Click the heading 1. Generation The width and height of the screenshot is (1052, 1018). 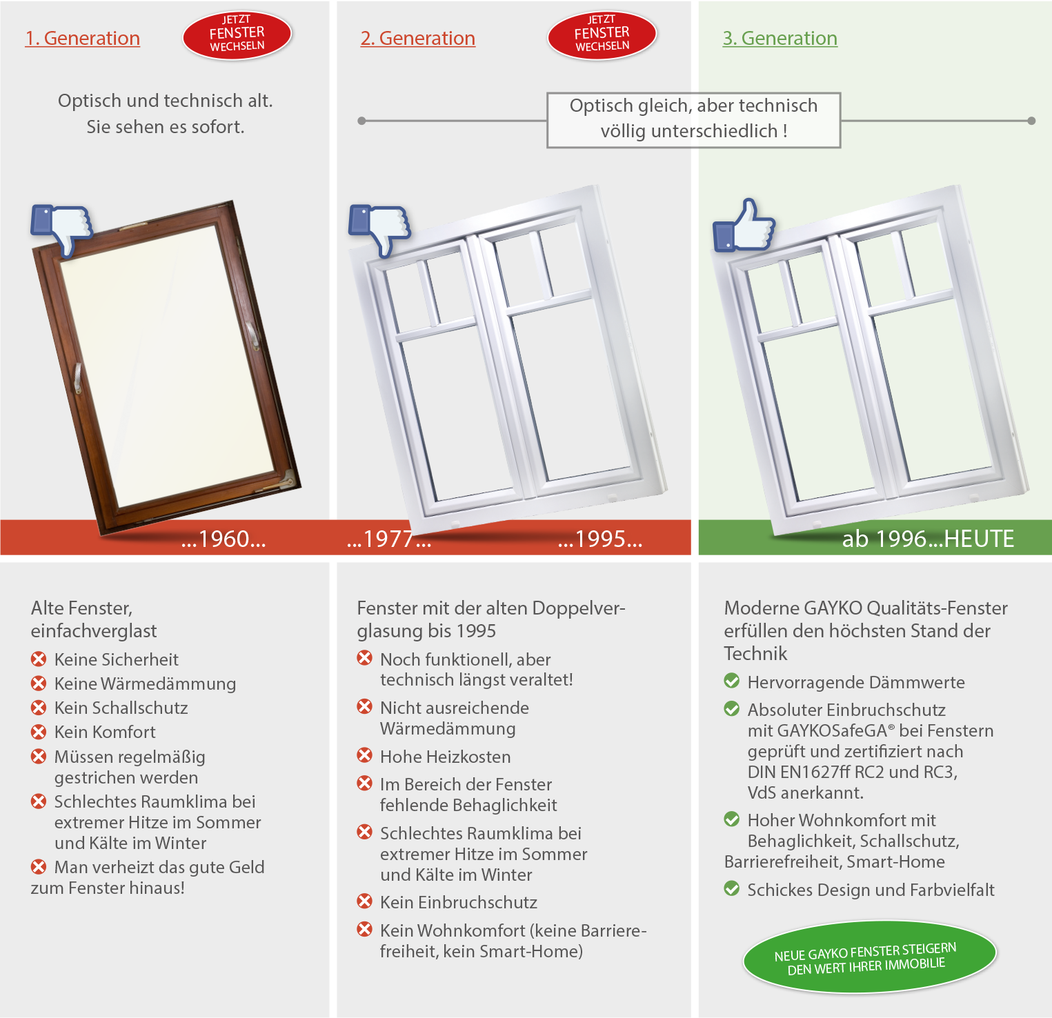pos(82,39)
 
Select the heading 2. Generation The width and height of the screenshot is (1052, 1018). pos(417,39)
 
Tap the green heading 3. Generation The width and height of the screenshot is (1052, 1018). pos(780,39)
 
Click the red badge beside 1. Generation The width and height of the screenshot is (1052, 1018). pos(237,34)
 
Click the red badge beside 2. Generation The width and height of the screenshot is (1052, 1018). pos(602,34)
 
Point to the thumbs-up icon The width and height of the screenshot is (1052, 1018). pos(744,226)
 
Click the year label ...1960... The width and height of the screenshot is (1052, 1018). pos(224,539)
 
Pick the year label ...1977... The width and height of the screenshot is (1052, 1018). pos(389,539)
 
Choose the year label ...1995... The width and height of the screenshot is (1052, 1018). pos(600,539)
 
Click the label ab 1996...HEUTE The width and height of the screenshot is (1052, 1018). pos(928,539)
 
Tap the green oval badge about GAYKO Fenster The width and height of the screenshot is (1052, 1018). pos(869,957)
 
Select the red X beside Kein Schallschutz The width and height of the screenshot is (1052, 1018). pos(39,708)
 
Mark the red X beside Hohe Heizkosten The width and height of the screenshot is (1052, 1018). pos(364,756)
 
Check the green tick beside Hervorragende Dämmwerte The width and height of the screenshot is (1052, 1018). pos(732,681)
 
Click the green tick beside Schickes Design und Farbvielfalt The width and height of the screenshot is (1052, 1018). pos(732,889)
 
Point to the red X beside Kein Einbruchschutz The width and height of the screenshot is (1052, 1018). pos(364,901)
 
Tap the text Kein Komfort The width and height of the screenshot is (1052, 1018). pos(105,732)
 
